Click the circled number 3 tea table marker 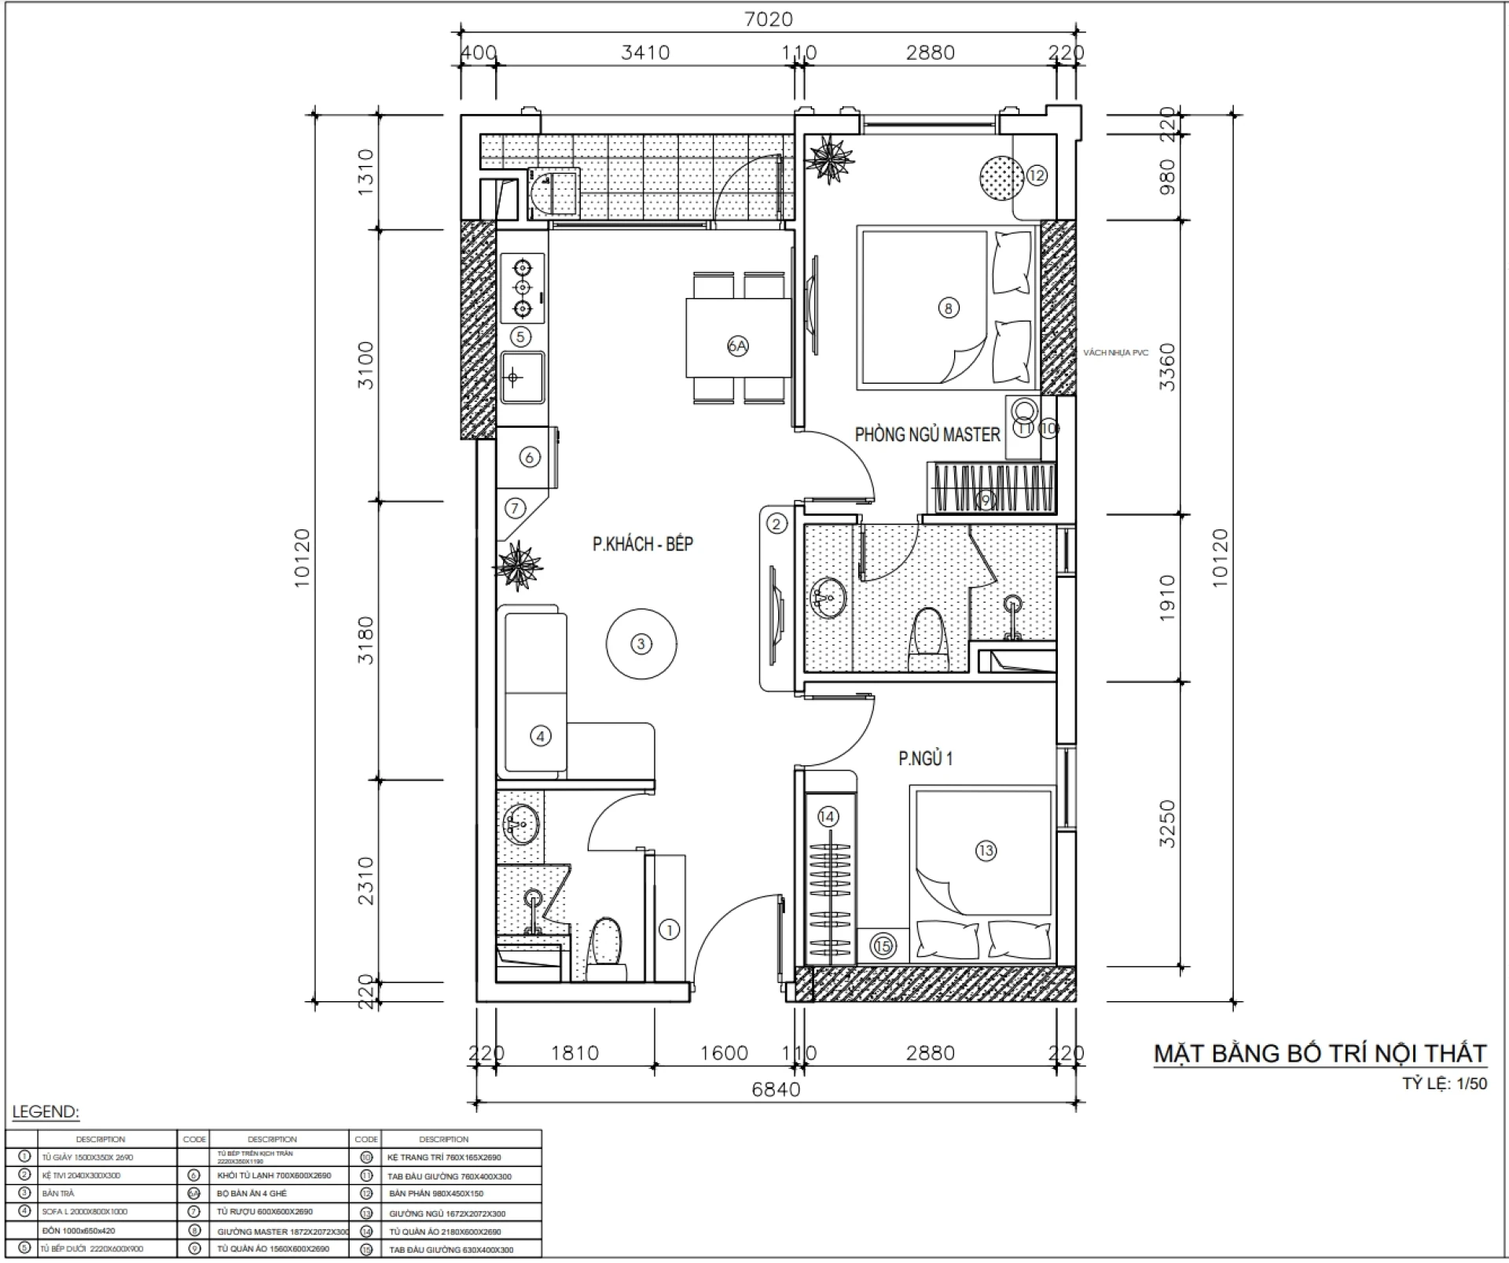tap(641, 644)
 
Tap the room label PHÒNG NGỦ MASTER tap(927, 434)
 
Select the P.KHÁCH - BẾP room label tap(642, 543)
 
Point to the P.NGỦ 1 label tap(925, 758)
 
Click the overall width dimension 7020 tap(768, 19)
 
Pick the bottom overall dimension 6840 tap(776, 1089)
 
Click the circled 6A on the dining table tap(737, 345)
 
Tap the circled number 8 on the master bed tap(948, 307)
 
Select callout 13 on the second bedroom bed tap(985, 850)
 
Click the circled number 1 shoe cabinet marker tap(669, 930)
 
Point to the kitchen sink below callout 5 tap(522, 377)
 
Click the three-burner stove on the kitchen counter tap(522, 288)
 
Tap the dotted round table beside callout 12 tap(1001, 176)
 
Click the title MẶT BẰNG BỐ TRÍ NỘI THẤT tap(1320, 1053)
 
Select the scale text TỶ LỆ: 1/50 tap(1445, 1084)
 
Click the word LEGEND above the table tap(46, 1112)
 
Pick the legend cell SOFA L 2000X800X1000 tap(85, 1212)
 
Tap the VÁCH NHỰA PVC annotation tap(1115, 353)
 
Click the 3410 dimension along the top tap(644, 53)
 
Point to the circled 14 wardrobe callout tap(827, 816)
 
